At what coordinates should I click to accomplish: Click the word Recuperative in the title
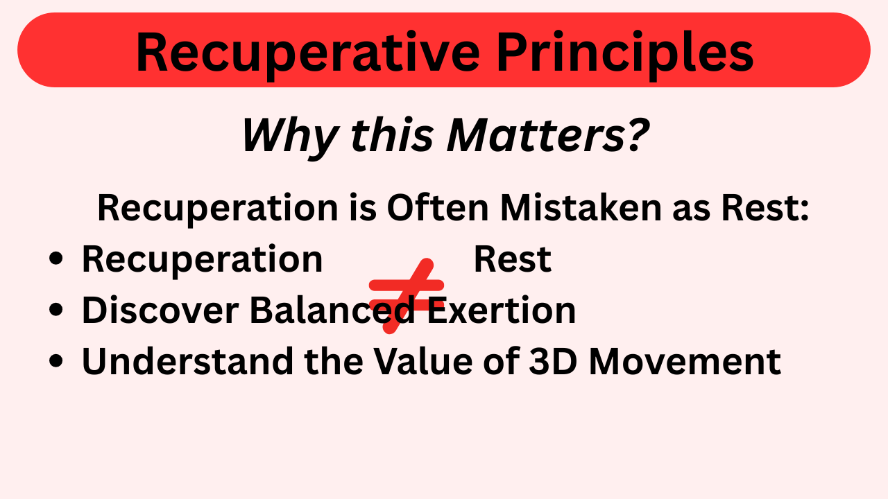[x=307, y=53]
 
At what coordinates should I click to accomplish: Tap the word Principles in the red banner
[x=625, y=53]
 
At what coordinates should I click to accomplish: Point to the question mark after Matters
[x=637, y=134]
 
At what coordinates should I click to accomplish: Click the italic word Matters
[x=535, y=134]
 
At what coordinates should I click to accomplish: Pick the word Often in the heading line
[x=438, y=207]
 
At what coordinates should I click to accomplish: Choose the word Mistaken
[x=581, y=207]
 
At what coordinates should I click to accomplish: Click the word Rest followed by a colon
[x=765, y=209]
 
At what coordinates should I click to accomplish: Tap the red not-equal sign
[x=407, y=296]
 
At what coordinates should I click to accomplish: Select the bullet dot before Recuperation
[x=56, y=259]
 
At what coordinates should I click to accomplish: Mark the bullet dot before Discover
[x=56, y=309]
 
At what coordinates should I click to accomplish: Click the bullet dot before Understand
[x=56, y=361]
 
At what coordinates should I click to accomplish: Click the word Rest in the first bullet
[x=513, y=259]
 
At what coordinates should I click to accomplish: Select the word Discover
[x=160, y=310]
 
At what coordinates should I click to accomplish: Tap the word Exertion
[x=501, y=310]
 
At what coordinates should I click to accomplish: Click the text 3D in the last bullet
[x=553, y=361]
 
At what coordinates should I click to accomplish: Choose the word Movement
[x=685, y=361]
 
